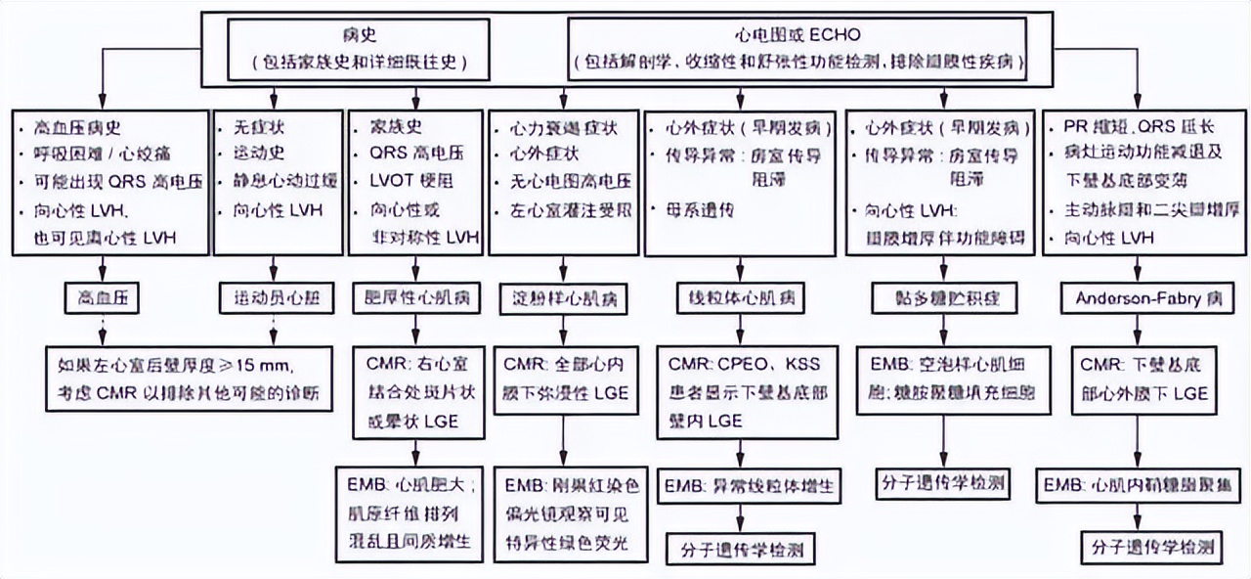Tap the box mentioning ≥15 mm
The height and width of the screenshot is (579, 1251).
coord(194,378)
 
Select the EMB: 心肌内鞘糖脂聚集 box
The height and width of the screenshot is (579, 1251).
coord(1138,485)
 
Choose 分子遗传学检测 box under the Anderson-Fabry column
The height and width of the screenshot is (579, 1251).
coord(1138,546)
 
